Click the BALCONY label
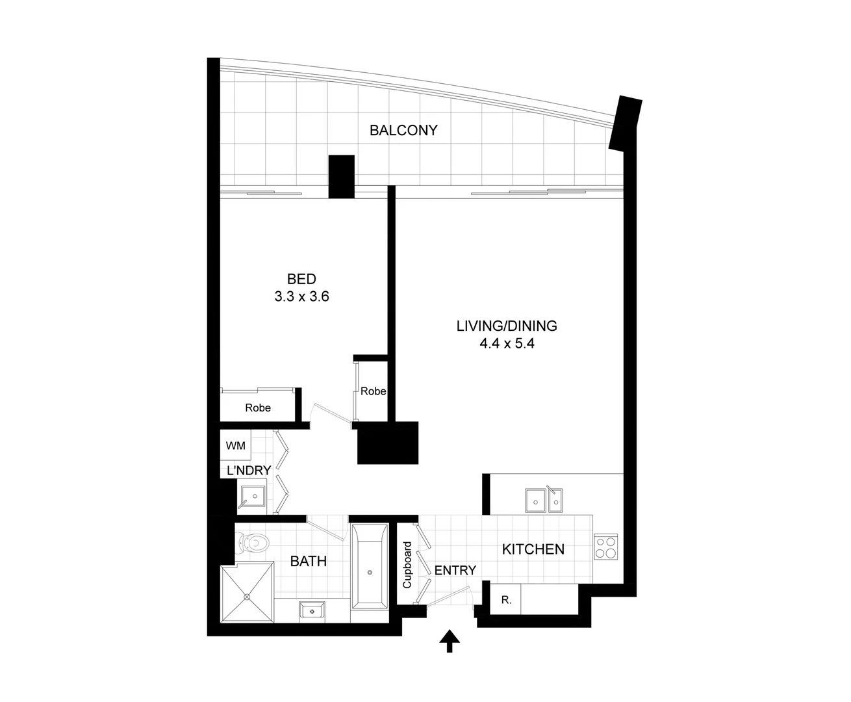click(x=403, y=130)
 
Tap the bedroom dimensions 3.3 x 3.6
click(x=302, y=297)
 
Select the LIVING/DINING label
click(x=507, y=326)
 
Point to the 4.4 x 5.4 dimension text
click(x=507, y=344)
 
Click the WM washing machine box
click(x=236, y=445)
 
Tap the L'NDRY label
click(x=248, y=471)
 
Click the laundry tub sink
click(x=254, y=497)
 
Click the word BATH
click(x=308, y=561)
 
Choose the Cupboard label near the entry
click(x=407, y=564)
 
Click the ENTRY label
click(x=455, y=570)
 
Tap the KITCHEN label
click(x=533, y=549)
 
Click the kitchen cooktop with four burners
click(x=606, y=547)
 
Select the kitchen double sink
click(x=544, y=500)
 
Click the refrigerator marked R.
click(x=507, y=601)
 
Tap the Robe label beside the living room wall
click(x=373, y=391)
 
